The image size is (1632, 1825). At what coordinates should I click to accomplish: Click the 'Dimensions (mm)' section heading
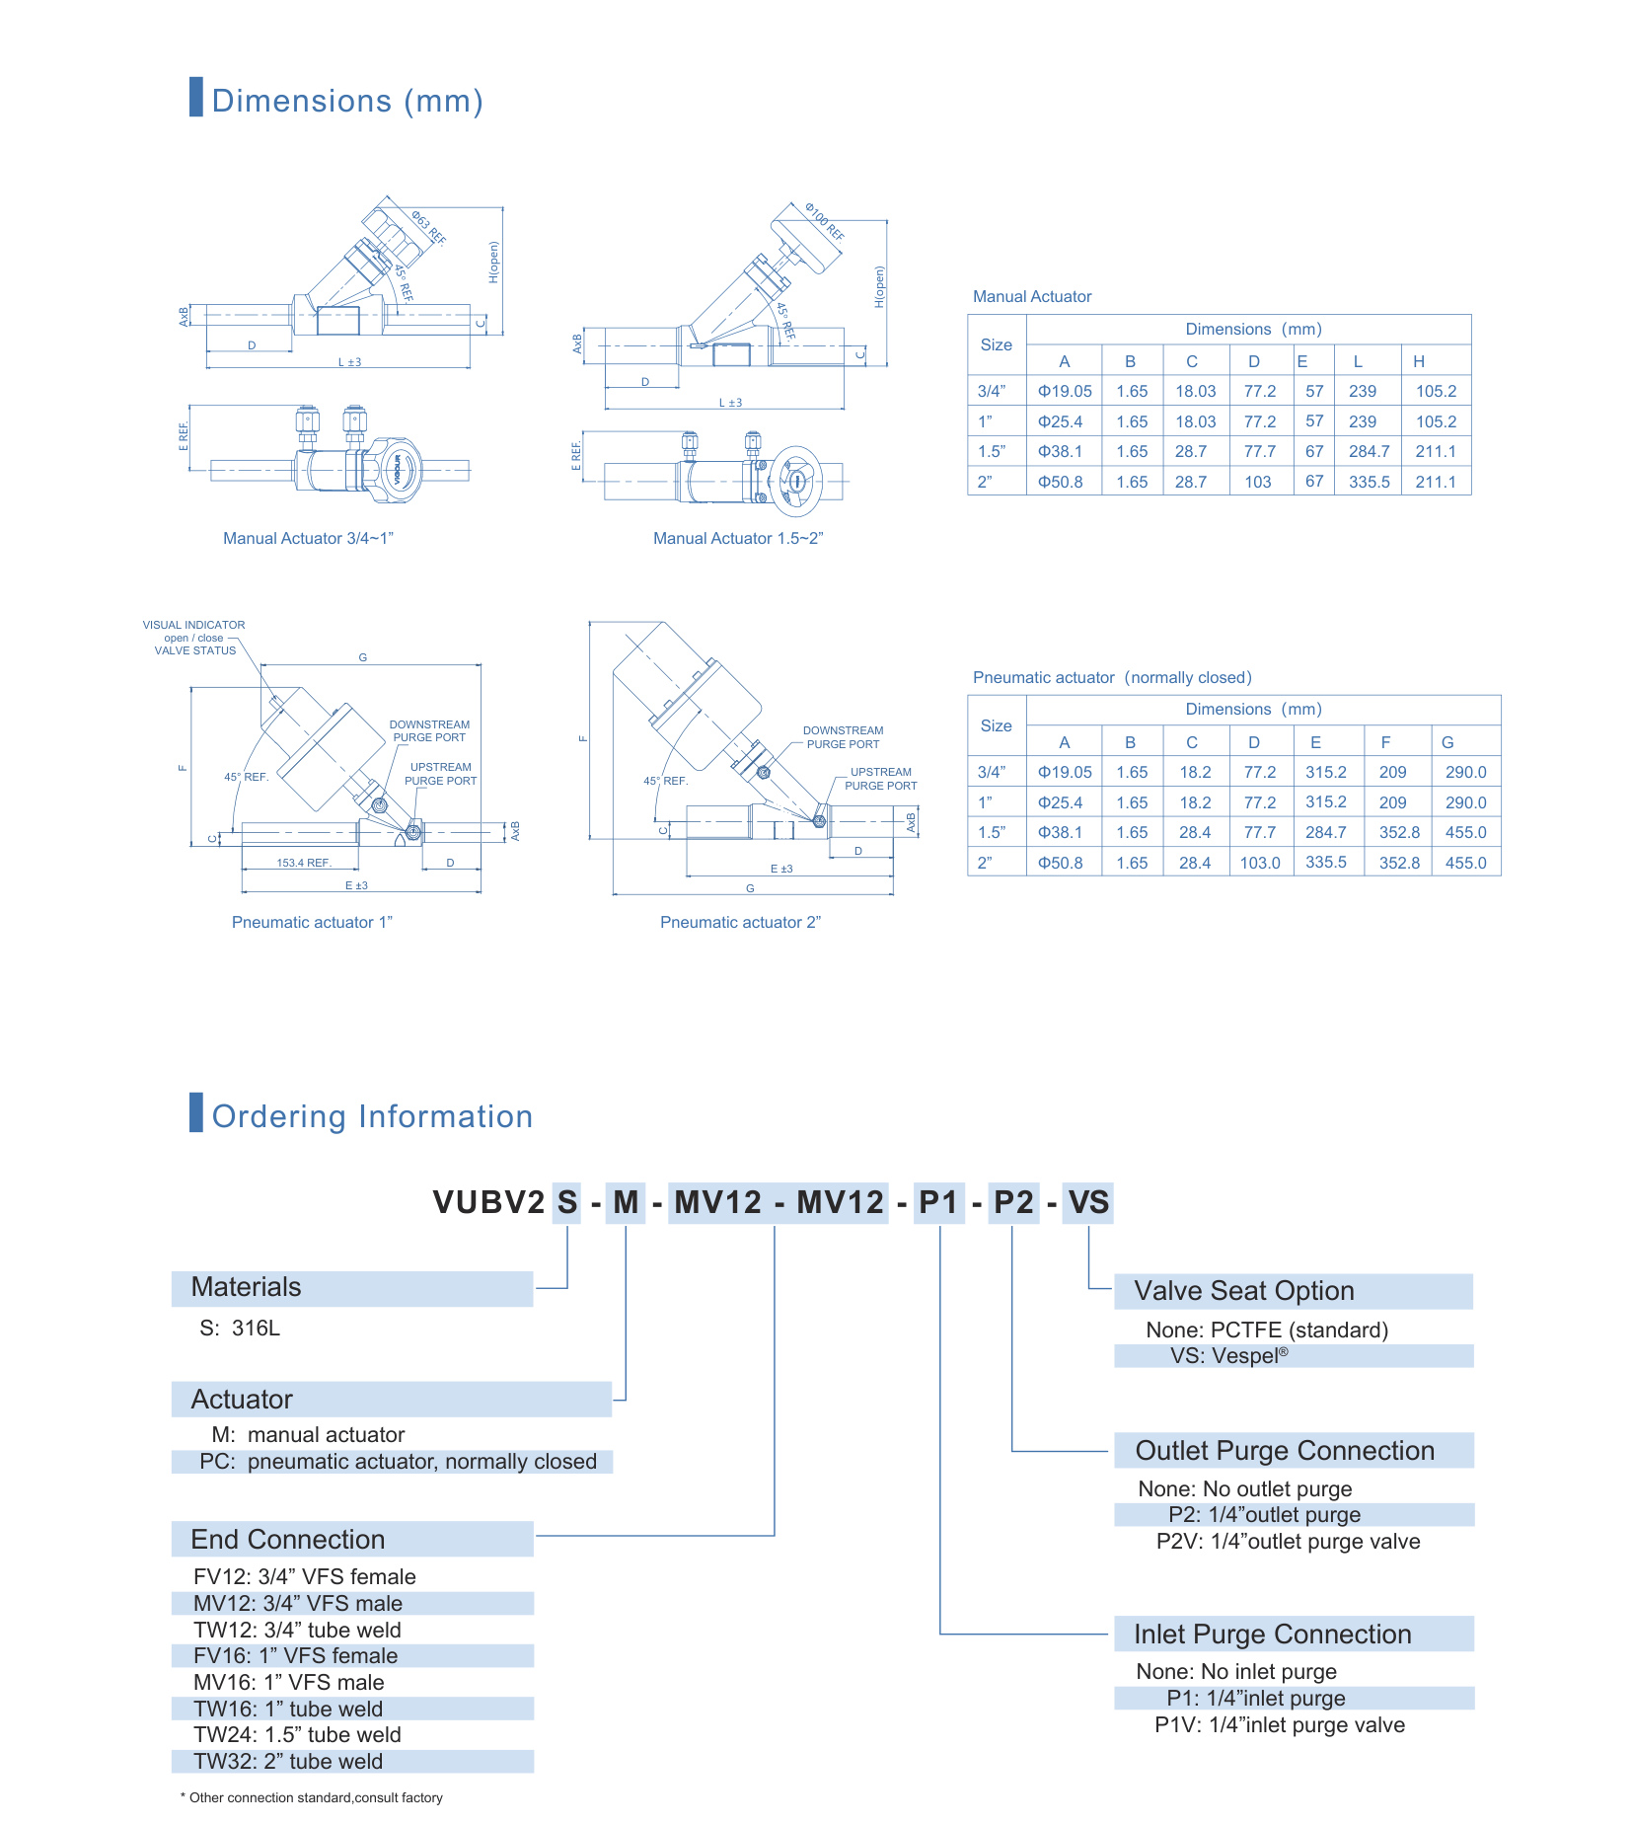coord(347,101)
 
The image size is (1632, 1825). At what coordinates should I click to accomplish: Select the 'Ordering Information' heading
coord(372,1116)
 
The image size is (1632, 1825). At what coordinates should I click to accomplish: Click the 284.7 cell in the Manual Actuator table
coord(1369,451)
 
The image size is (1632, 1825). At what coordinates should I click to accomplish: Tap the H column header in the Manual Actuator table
coord(1418,361)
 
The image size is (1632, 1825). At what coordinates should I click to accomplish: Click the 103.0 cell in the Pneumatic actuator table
coord(1260,863)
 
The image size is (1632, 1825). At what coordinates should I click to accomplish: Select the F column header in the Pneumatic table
coord(1385,742)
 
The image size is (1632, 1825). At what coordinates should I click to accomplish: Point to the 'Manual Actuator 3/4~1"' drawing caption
coord(308,538)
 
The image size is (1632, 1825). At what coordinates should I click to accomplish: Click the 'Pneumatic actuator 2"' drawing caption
coord(740,922)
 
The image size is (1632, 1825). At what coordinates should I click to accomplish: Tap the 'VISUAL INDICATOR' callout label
coord(193,625)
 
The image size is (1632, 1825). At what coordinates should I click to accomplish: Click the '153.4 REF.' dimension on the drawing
coord(303,863)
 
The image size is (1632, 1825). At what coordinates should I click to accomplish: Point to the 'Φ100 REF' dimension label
coord(824,222)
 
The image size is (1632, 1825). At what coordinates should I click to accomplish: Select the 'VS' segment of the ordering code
coord(1088,1202)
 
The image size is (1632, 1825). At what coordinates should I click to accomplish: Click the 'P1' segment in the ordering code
coord(938,1202)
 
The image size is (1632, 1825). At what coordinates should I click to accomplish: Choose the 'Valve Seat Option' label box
coord(1293,1291)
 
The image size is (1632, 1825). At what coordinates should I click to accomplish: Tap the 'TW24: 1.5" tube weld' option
coord(297,1734)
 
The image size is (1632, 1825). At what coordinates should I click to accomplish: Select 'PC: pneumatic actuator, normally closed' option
coord(398,1461)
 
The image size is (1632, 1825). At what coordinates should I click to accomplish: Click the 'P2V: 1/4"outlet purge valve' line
coord(1288,1541)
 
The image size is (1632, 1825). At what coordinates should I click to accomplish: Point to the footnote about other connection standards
coord(312,1797)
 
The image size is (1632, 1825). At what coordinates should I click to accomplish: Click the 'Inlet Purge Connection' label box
coord(1294,1634)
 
